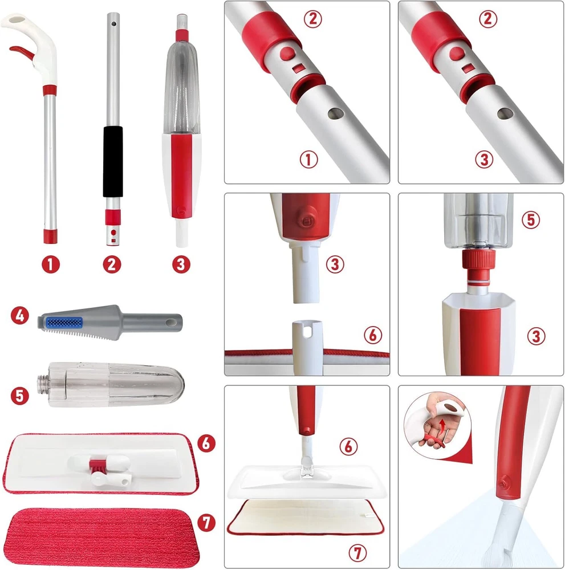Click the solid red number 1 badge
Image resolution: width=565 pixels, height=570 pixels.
point(51,264)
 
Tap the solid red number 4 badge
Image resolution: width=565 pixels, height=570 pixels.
point(20,316)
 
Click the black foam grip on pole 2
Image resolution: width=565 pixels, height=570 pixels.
point(113,161)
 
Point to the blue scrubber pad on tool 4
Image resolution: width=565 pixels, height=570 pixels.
point(64,322)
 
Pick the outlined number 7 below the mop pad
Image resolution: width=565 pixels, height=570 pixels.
point(357,553)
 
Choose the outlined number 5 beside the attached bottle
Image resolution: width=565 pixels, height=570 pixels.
point(531,219)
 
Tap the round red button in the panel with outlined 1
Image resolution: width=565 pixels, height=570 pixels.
point(287,54)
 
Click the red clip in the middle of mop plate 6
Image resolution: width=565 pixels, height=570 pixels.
point(97,466)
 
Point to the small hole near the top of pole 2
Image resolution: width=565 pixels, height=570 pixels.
point(114,24)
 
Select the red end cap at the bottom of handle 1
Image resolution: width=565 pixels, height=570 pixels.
point(51,236)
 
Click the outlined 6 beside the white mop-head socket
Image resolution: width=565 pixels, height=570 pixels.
point(373,335)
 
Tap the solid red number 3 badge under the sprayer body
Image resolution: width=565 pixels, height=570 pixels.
point(181,264)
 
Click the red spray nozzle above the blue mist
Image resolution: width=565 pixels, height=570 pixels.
point(503,484)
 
